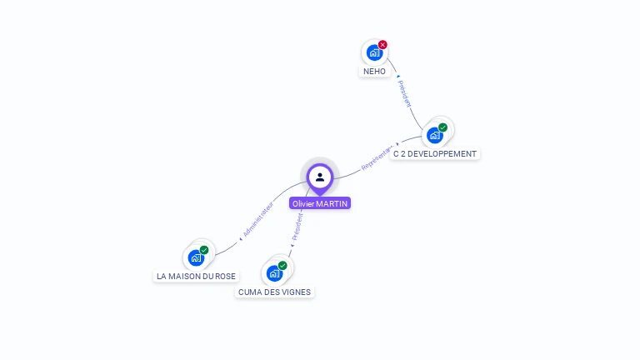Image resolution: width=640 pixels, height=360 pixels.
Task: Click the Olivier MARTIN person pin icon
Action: click(x=320, y=177)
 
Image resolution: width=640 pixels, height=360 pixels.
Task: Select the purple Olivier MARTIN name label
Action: click(x=320, y=203)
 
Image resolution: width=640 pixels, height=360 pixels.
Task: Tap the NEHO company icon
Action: click(x=374, y=52)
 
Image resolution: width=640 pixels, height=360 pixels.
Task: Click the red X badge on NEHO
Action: click(x=382, y=45)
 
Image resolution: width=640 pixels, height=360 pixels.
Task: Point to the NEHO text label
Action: click(x=375, y=72)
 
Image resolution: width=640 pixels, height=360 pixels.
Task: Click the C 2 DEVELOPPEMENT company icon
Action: click(x=434, y=135)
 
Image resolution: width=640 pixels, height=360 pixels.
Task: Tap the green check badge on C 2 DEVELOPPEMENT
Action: click(x=442, y=127)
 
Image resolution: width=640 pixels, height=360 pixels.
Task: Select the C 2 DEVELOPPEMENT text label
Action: click(x=435, y=154)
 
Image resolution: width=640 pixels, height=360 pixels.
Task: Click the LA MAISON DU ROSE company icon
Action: click(x=196, y=257)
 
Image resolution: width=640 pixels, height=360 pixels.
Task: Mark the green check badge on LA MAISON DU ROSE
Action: click(x=204, y=250)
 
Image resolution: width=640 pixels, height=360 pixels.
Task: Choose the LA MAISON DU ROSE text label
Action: click(x=196, y=276)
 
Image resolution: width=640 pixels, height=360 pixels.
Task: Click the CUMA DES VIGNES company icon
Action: click(x=274, y=272)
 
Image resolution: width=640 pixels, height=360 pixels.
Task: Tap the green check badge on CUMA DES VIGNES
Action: click(x=282, y=265)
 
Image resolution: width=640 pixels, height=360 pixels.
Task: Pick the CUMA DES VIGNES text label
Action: click(x=274, y=292)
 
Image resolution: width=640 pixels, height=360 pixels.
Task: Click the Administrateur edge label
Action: click(x=258, y=218)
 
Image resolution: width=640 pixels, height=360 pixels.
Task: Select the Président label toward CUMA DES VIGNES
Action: click(x=297, y=227)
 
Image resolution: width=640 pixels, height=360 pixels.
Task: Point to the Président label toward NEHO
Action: click(x=403, y=92)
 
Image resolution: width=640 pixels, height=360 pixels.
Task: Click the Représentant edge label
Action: click(x=377, y=158)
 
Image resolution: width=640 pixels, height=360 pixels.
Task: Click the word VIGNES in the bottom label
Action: click(x=296, y=292)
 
